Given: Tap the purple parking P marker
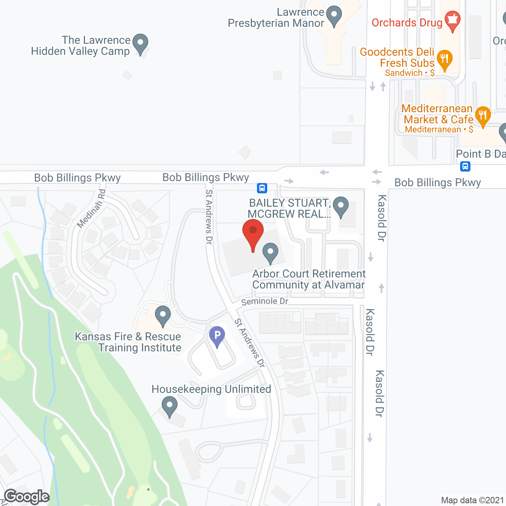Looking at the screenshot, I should coord(217,336).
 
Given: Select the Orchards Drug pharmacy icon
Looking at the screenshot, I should coord(452,21).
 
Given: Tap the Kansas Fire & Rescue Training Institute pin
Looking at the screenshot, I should coord(162,316).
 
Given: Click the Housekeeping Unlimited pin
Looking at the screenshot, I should coord(170,406).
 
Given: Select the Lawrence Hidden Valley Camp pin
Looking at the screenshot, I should coord(140,43).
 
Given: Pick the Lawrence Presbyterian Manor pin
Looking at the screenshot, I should coord(334,16).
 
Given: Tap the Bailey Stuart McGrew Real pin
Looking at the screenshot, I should coord(340,207).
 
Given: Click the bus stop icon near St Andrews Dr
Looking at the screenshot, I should coord(262,188).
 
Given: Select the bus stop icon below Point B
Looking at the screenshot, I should coord(465,166).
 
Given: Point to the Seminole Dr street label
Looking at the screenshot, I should coord(264,301).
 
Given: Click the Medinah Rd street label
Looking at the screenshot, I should coord(91,208).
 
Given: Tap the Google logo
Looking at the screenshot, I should coord(26,497).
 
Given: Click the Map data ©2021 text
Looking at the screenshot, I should coord(472,500).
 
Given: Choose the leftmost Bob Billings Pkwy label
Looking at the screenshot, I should coord(77,178).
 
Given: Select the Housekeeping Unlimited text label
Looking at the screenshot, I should coord(211,389).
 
